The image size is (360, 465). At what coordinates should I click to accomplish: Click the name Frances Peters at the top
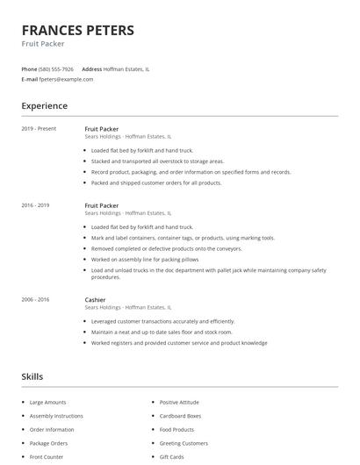[78, 31]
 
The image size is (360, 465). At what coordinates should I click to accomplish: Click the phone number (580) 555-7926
[57, 68]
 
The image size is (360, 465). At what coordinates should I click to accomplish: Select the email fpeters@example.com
[67, 79]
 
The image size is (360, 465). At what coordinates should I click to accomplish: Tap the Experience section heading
[45, 106]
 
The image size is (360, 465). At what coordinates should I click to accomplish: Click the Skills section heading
[32, 376]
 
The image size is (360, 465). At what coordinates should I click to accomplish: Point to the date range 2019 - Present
[39, 129]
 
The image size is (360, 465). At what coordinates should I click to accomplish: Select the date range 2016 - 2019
[36, 205]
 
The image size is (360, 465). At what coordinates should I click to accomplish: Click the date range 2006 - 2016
[36, 299]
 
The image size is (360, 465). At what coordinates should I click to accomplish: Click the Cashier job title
[95, 299]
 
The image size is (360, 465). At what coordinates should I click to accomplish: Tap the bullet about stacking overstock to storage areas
[157, 161]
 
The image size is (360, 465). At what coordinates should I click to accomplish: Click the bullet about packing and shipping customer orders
[155, 182]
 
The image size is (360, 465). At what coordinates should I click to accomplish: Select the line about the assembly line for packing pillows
[148, 259]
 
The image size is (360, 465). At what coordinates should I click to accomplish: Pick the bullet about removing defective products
[165, 248]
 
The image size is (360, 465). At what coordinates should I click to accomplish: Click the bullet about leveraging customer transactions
[162, 321]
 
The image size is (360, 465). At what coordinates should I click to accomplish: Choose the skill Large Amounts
[47, 402]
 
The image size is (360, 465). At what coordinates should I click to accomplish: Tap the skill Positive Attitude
[179, 402]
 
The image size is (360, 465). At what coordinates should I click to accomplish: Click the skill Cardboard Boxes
[180, 416]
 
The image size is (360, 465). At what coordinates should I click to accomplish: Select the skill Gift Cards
[171, 457]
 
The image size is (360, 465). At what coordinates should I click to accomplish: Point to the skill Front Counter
[47, 457]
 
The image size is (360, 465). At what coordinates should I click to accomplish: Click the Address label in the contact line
[91, 68]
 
